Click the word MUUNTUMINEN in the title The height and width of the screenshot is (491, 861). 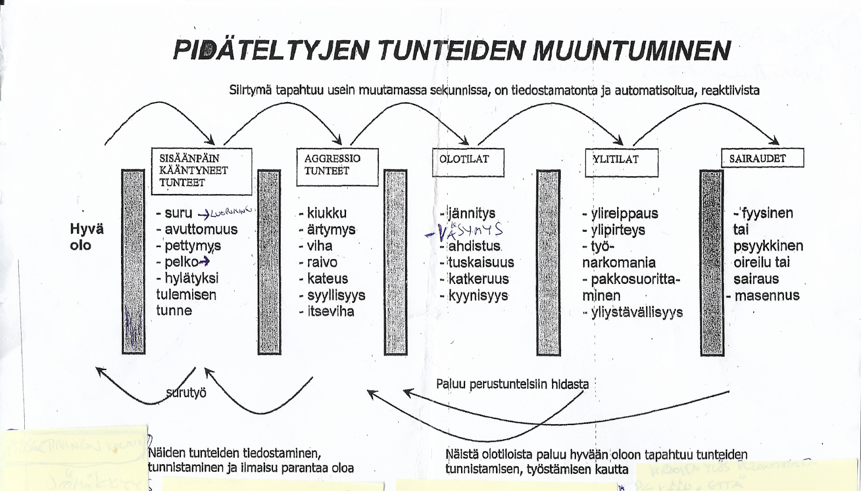[632, 51]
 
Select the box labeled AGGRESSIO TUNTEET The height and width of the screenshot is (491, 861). [337, 167]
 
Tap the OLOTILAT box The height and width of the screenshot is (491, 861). [468, 162]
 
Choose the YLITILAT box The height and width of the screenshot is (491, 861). [622, 162]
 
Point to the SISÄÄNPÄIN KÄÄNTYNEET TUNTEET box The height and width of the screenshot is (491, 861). [201, 171]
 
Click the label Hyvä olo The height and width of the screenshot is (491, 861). [86, 237]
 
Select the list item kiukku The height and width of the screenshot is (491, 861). [327, 213]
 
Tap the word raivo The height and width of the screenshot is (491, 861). [322, 262]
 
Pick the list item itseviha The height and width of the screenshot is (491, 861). [330, 311]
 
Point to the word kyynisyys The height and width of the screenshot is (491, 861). [478, 296]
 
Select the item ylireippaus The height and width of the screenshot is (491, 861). [624, 214]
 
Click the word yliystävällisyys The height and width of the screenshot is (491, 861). [637, 312]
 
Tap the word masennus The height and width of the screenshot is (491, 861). [767, 295]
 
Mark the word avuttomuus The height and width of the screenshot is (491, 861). [201, 229]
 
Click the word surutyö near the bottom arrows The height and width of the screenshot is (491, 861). [186, 393]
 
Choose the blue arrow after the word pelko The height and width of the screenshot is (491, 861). [204, 262]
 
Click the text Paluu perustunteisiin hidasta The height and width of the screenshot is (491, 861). [512, 384]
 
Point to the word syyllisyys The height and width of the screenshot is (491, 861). [336, 295]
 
